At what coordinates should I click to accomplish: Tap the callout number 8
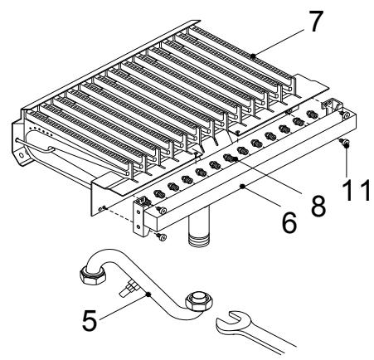pos(318,206)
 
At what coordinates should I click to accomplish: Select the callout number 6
pos(289,222)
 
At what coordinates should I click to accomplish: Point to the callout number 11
pos(356,190)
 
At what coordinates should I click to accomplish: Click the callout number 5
pos(90,320)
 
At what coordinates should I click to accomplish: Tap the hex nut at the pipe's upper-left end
pos(93,275)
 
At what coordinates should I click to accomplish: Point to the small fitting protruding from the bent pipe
pos(128,289)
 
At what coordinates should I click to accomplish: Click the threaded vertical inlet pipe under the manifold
pos(199,226)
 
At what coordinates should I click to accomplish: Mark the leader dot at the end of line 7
pos(253,56)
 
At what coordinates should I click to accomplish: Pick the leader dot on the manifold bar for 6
pos(243,187)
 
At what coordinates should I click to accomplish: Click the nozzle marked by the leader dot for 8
pos(230,158)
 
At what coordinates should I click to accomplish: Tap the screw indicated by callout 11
pos(344,143)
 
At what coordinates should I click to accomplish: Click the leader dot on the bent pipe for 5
pos(148,294)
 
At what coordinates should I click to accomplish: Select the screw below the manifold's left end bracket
pos(161,236)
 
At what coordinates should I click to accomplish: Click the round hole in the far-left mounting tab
pos(21,155)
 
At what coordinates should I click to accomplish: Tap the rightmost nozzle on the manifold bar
pos(312,114)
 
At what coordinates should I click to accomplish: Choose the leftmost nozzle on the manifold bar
pos(159,194)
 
